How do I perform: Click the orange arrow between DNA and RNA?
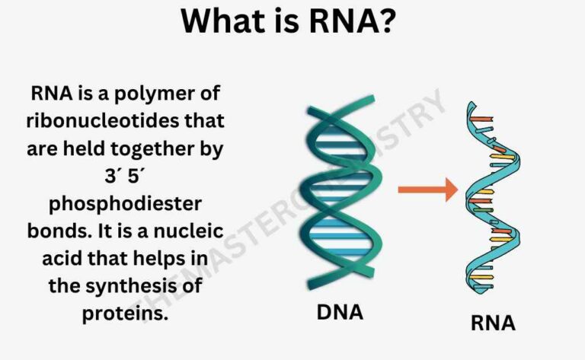(427, 190)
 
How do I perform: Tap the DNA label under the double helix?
(339, 311)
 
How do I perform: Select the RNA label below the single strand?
(493, 323)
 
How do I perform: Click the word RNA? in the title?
(348, 22)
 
